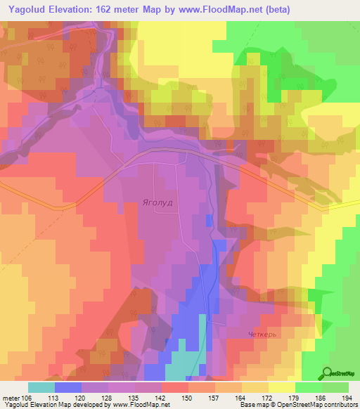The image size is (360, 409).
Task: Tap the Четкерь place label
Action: [x=264, y=335]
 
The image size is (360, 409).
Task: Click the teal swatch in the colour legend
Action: [x=41, y=387]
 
